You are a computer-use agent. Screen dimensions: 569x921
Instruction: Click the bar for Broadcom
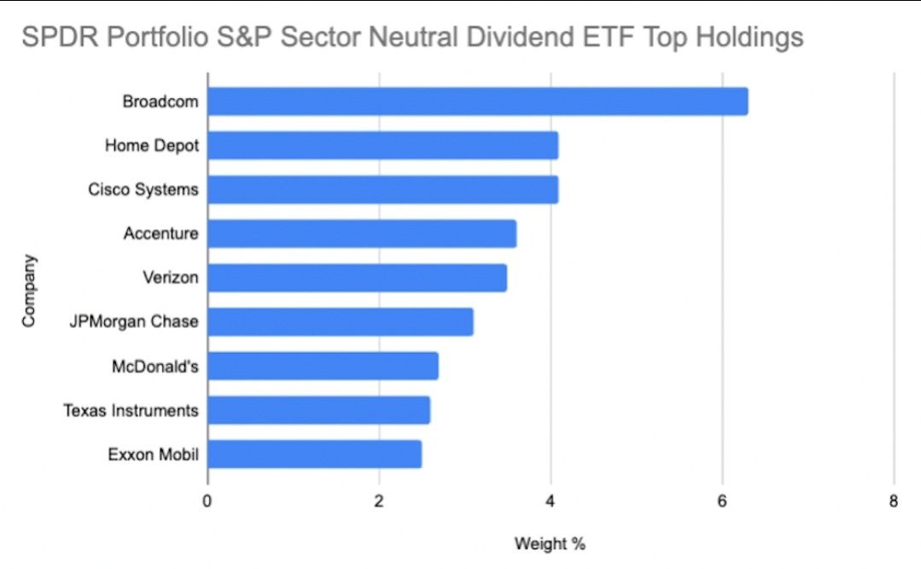[477, 102]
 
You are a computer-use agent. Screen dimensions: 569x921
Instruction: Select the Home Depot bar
[382, 145]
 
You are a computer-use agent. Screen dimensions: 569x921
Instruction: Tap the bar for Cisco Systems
[382, 190]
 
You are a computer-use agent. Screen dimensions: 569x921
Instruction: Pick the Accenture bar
[361, 233]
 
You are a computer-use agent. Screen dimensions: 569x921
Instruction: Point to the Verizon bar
[357, 278]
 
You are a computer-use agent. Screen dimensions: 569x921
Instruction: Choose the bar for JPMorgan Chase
[340, 322]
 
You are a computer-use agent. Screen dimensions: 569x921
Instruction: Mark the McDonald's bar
[323, 367]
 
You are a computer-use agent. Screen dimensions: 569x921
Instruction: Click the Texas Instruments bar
[318, 410]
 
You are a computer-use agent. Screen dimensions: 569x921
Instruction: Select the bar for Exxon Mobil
[314, 455]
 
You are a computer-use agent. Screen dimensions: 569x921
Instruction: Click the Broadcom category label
[160, 102]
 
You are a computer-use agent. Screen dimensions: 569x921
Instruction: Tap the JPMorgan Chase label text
[134, 322]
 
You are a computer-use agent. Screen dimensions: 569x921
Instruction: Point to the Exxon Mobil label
[154, 455]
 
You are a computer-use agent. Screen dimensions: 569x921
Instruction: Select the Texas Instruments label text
[131, 411]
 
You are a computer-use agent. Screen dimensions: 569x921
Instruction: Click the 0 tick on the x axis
[207, 502]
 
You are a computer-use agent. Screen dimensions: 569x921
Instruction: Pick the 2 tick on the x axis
[379, 502]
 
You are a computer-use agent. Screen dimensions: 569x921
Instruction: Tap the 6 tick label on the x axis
[722, 502]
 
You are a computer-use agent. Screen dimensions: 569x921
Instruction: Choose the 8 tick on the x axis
[894, 502]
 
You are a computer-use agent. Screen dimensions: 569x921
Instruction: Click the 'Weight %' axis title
[550, 543]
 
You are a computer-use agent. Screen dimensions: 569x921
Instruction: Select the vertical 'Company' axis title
[29, 290]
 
